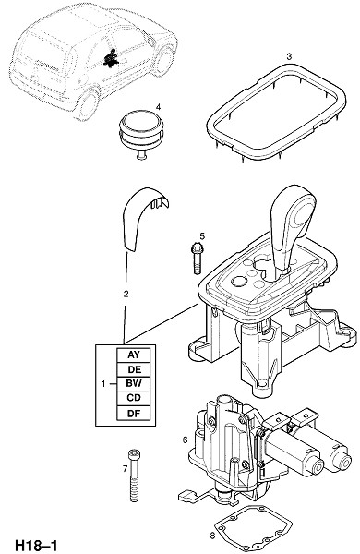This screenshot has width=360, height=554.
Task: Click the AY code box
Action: click(x=134, y=355)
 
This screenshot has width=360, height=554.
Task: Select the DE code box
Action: click(x=134, y=369)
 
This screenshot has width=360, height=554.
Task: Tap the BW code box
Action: click(x=134, y=384)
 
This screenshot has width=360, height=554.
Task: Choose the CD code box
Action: click(x=134, y=398)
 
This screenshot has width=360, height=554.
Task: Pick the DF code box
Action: click(x=134, y=413)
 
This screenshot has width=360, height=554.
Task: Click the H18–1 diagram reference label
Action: click(x=36, y=545)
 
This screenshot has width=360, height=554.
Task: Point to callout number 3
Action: click(x=289, y=56)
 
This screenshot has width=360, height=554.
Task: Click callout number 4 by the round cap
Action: click(x=158, y=107)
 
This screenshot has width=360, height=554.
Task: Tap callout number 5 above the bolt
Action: click(x=202, y=235)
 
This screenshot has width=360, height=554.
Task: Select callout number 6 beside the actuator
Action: click(x=185, y=440)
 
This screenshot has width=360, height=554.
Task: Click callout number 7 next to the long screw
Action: click(x=125, y=468)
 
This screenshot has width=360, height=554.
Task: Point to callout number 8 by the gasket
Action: click(x=212, y=536)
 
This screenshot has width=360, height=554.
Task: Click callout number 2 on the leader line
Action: click(x=126, y=294)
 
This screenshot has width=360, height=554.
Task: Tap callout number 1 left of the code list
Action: click(x=103, y=384)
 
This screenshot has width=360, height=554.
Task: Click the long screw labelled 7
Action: click(x=134, y=476)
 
